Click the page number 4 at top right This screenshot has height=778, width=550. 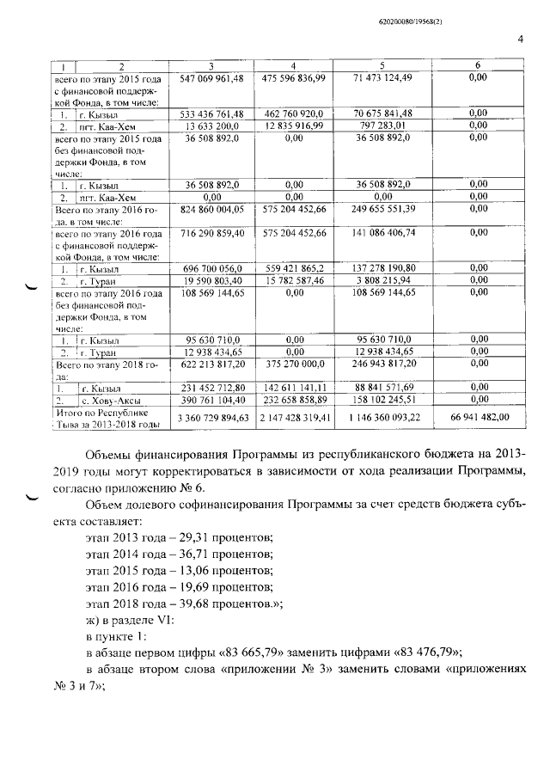pos(521,37)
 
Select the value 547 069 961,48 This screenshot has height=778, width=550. pos(212,78)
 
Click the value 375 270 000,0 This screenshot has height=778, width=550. pos(294,364)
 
